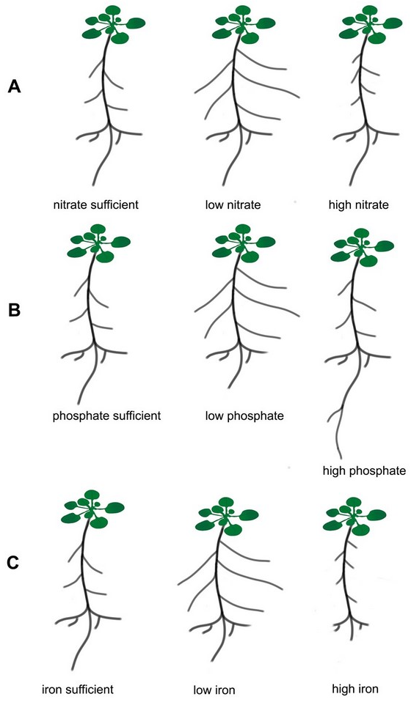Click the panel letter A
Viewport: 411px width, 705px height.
15,86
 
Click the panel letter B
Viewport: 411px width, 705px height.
15,310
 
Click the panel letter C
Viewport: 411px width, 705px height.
13,563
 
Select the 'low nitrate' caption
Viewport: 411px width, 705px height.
233,205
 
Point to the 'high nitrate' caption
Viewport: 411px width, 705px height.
358,205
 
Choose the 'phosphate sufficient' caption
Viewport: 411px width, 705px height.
106,416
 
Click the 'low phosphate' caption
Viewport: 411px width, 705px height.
244,416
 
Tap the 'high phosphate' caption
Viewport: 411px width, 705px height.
364,470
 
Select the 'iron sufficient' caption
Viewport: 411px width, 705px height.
77,689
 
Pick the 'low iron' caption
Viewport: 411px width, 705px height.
214,690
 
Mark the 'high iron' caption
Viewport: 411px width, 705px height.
354,688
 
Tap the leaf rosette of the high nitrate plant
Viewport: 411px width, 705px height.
371,25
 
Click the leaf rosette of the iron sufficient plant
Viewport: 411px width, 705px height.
92,509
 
